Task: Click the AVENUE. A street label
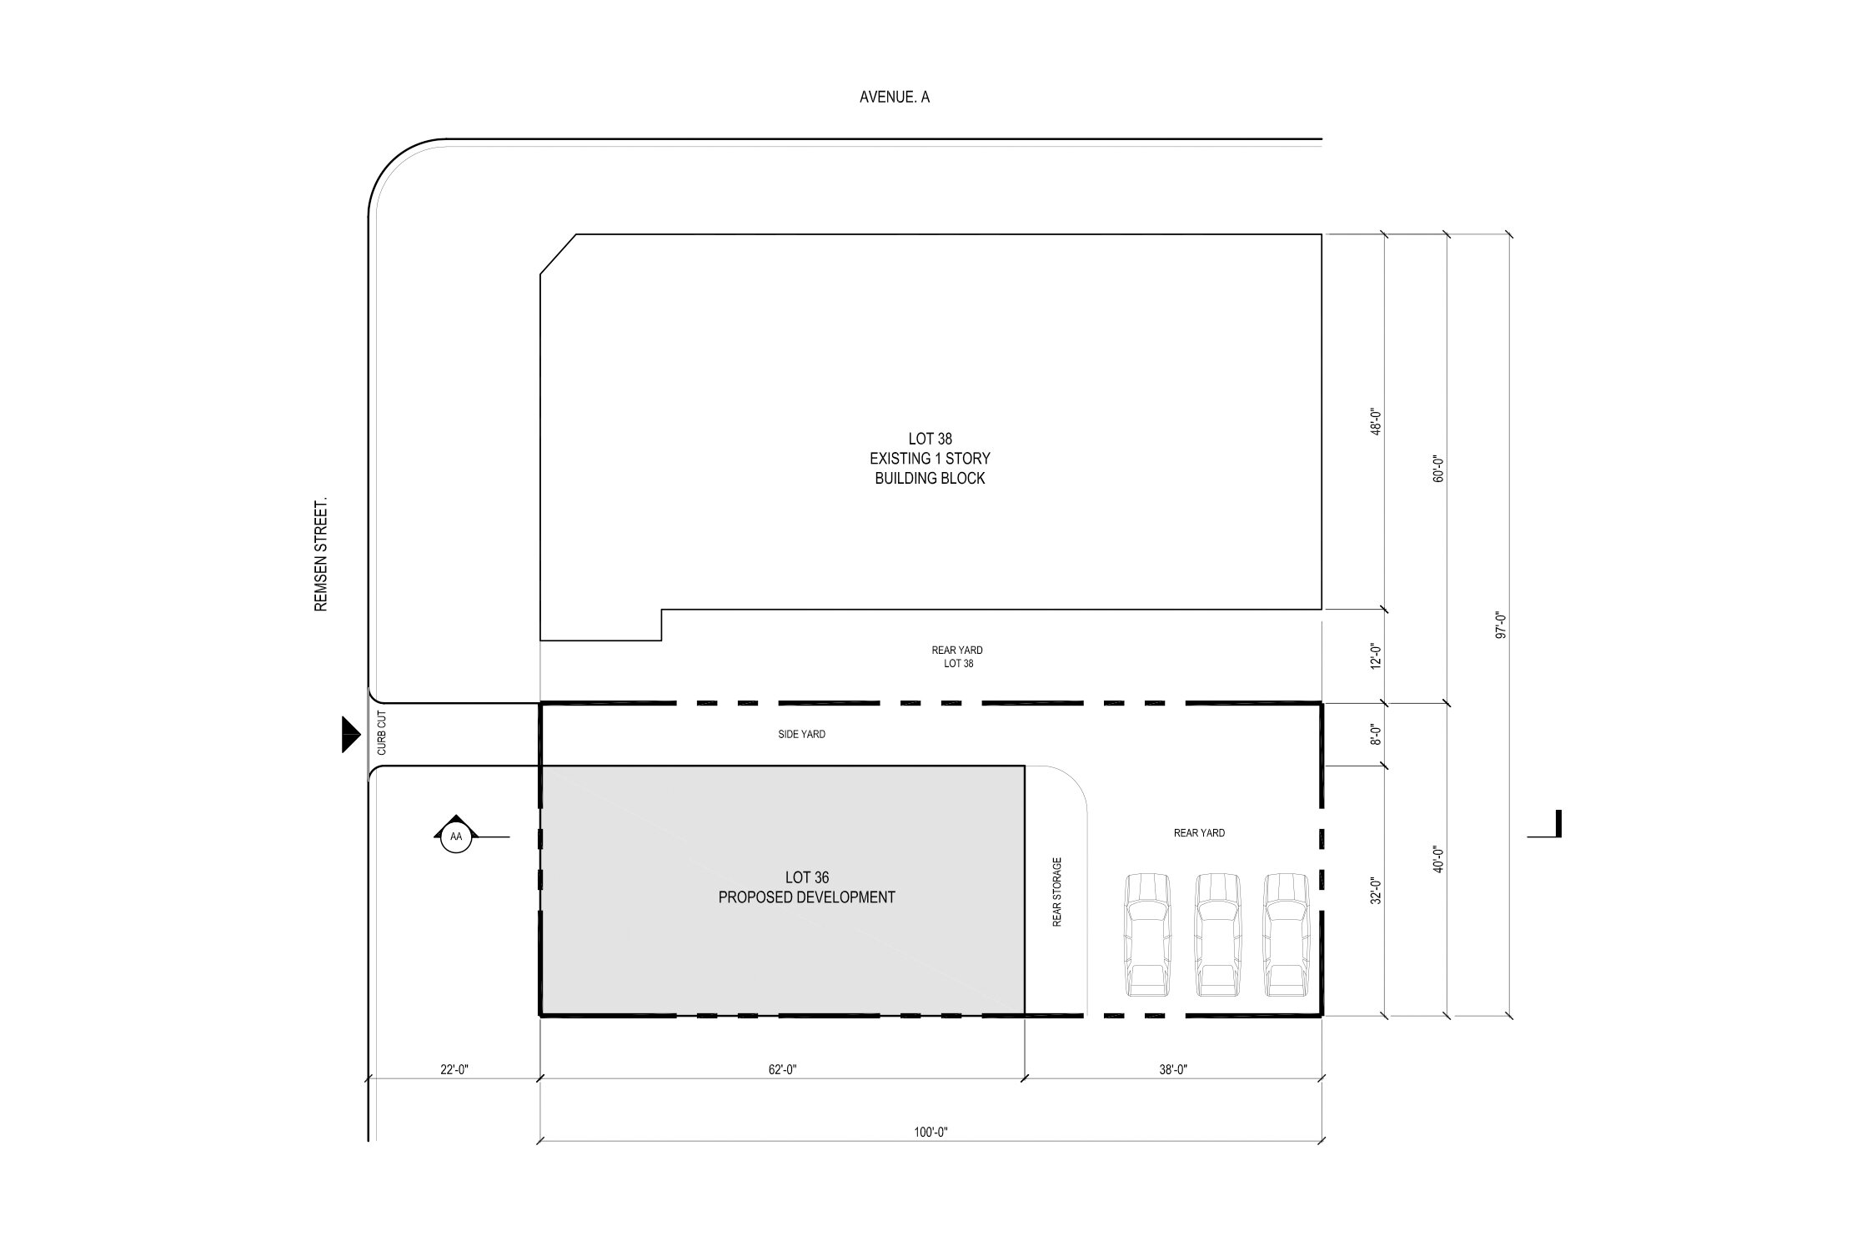[x=894, y=98]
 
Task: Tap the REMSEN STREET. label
[x=321, y=555]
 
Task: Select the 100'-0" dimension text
[x=930, y=1133]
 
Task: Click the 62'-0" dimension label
[x=782, y=1070]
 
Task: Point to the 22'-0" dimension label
[x=454, y=1070]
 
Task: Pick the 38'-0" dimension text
[x=1172, y=1070]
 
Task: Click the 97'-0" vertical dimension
[x=1501, y=625]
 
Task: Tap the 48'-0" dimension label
[x=1377, y=421]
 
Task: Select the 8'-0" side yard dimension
[x=1377, y=734]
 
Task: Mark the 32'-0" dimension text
[x=1377, y=891]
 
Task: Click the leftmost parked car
[x=1146, y=935]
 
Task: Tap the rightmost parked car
[x=1286, y=935]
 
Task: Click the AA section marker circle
[x=455, y=837]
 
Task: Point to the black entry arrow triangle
[x=351, y=734]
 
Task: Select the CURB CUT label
[x=382, y=734]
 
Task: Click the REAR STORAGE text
[x=1057, y=892]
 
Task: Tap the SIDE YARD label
[x=801, y=735]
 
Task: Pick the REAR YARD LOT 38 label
[x=956, y=657]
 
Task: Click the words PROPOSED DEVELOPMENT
[x=806, y=898]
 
